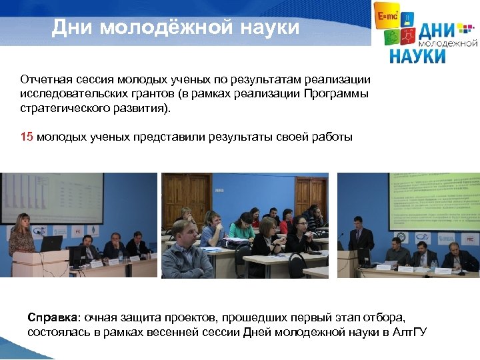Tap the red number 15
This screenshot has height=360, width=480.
[27, 137]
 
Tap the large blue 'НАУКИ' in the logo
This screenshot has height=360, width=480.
[419, 55]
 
